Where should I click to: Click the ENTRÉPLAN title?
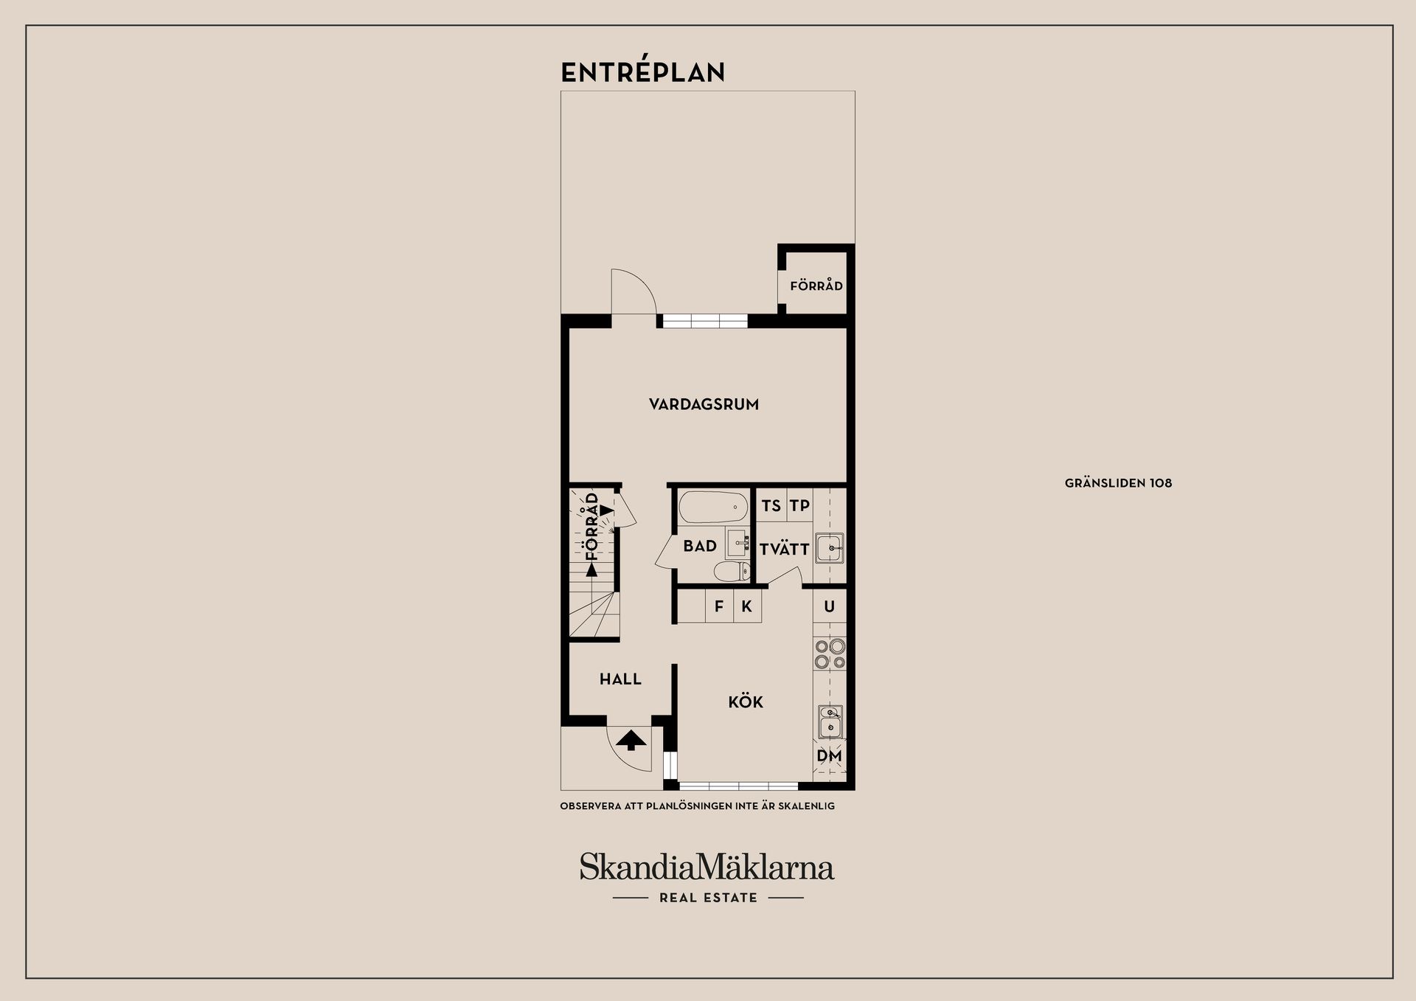[x=642, y=72]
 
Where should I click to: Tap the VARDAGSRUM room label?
[x=704, y=404]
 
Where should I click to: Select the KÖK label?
[x=745, y=702]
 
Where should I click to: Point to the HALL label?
[x=620, y=679]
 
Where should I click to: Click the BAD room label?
[x=700, y=546]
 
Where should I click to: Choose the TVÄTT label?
[x=784, y=549]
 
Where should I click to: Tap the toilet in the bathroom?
[x=731, y=571]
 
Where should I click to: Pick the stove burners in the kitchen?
[x=830, y=654]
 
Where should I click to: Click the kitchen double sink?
[x=830, y=721]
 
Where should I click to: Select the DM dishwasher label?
[x=829, y=756]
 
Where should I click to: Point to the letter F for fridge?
[x=719, y=607]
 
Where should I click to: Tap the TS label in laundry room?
[x=771, y=506]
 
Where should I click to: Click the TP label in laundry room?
[x=799, y=506]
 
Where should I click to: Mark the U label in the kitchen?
[x=829, y=607]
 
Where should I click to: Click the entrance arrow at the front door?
[x=631, y=739]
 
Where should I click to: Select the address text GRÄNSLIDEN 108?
[x=1118, y=483]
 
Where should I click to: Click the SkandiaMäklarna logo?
[x=707, y=867]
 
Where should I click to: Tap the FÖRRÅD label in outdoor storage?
[x=816, y=285]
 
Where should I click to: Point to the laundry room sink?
[x=830, y=547]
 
